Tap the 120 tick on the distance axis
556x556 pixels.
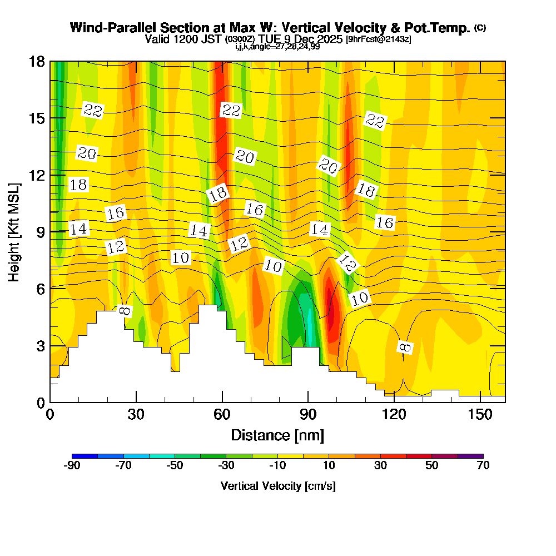[394, 415]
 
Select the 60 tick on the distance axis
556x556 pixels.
[222, 415]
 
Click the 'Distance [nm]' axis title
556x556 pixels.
[277, 435]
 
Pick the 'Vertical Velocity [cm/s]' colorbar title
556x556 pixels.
[277, 486]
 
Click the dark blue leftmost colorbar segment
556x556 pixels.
[85, 456]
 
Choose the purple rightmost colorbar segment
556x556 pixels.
[470, 456]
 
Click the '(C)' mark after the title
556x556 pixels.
[480, 28]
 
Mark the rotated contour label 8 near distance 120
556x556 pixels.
[405, 348]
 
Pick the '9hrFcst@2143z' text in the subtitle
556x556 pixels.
[379, 39]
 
